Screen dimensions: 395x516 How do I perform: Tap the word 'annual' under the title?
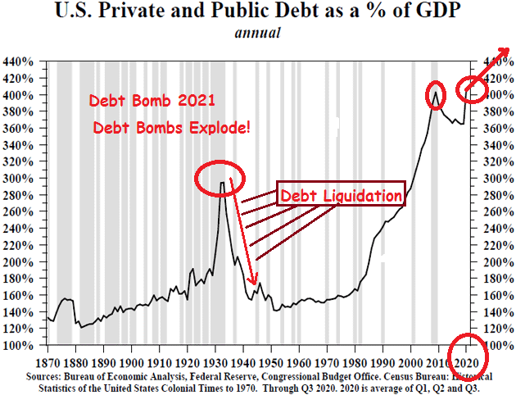(258, 34)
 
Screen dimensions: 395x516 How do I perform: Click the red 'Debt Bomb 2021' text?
(153, 102)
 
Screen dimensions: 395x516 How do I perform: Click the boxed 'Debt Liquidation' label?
(341, 196)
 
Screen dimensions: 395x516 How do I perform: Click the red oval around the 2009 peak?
(435, 95)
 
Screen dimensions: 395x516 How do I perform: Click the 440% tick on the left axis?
(17, 61)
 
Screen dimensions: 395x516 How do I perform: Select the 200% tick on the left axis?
(17, 262)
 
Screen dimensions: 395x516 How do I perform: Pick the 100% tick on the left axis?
(17, 346)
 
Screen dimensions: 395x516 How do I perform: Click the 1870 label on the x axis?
(49, 361)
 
